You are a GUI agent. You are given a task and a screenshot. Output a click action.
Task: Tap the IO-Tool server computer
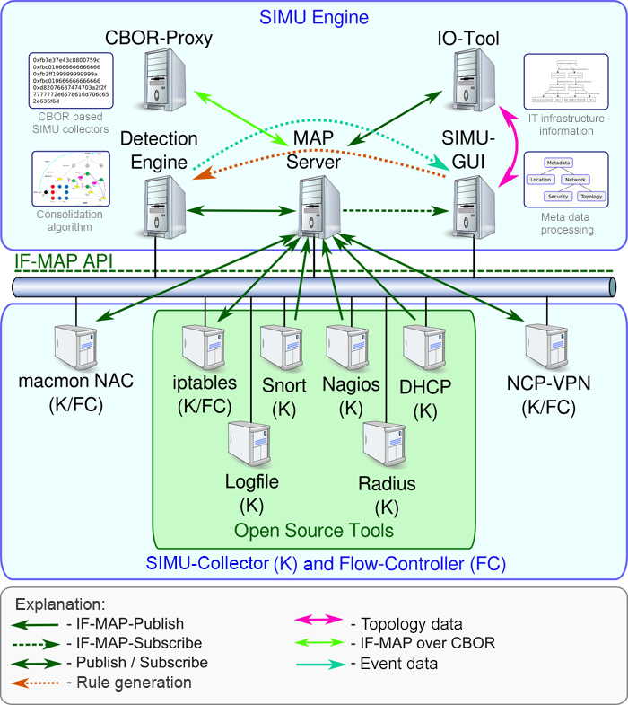469,79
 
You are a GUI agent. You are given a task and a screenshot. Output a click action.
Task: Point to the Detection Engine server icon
165,207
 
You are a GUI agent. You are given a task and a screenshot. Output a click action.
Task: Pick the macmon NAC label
76,381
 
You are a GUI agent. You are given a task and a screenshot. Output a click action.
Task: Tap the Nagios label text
350,385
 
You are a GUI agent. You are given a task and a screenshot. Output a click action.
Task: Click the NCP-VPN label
546,381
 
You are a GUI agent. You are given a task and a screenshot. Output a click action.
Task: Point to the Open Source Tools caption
313,531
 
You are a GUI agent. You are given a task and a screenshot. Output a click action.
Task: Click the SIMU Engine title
313,16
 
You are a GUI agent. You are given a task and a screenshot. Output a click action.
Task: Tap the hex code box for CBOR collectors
69,81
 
